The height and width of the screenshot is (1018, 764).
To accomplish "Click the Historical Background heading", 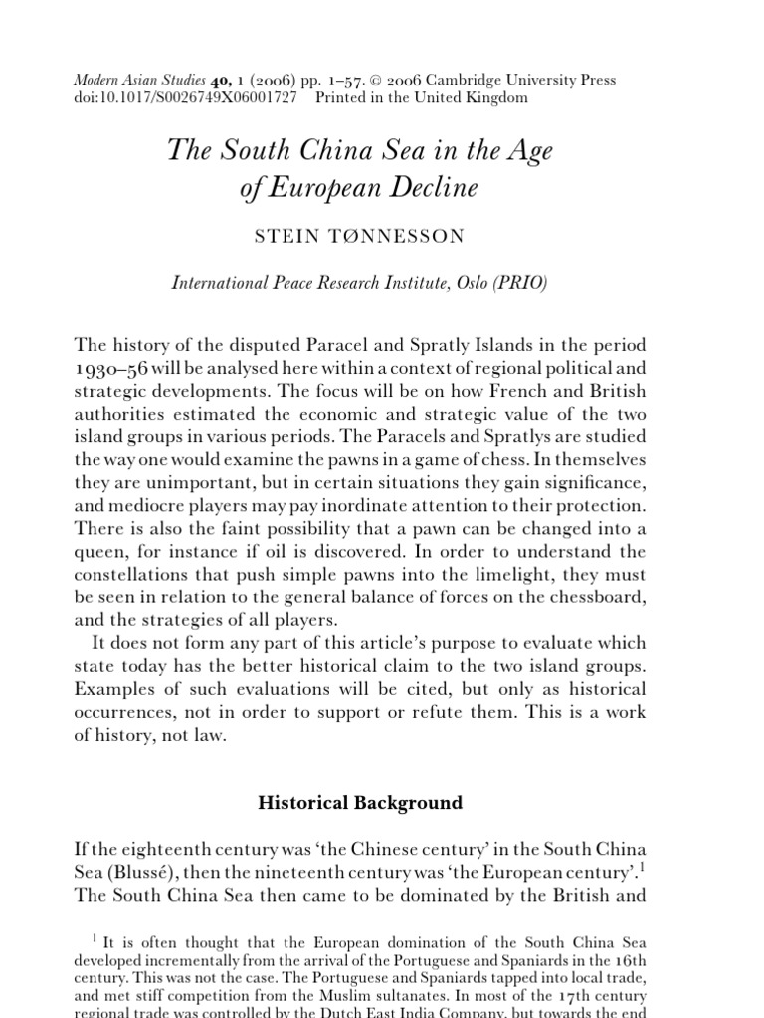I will click(360, 802).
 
